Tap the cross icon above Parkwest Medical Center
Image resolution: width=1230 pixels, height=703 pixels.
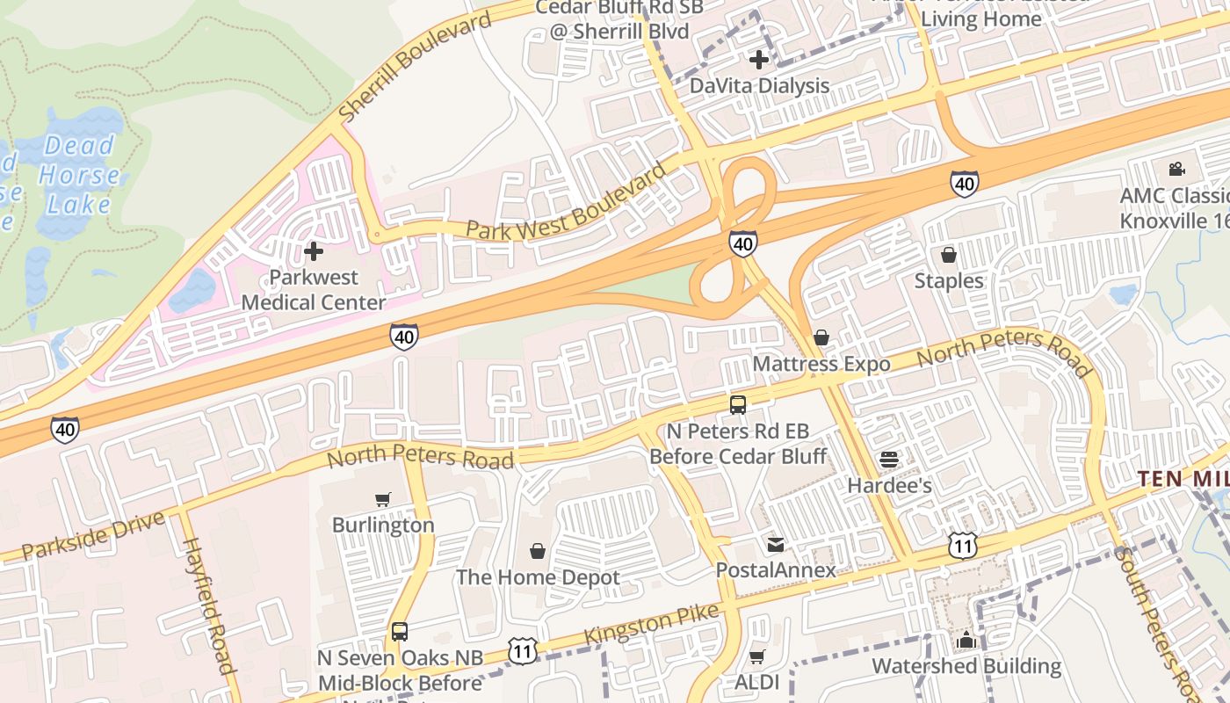[x=313, y=252]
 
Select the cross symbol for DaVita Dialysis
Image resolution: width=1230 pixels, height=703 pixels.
[x=759, y=60]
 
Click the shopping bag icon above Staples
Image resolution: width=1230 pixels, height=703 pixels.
[x=949, y=255]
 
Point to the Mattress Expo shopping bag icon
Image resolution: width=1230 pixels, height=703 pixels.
[x=821, y=337]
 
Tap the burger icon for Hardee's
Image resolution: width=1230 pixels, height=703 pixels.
[x=889, y=460]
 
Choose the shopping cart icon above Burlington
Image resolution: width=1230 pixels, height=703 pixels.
[x=383, y=500]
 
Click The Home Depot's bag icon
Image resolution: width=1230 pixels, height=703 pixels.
[x=538, y=551]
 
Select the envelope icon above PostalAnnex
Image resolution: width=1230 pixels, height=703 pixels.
[x=775, y=545]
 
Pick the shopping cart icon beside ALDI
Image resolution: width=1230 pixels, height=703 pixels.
[x=757, y=656]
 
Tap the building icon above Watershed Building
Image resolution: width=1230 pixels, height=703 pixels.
[x=966, y=640]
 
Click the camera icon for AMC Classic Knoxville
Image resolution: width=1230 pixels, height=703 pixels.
[x=1176, y=170]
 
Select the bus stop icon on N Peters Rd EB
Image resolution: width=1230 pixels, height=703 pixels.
[x=738, y=405]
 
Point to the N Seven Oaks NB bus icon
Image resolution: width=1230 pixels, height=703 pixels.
[x=400, y=632]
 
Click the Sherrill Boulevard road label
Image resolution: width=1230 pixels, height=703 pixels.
[x=414, y=68]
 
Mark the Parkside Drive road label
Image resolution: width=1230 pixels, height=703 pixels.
[x=92, y=535]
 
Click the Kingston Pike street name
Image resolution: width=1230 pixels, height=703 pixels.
[x=651, y=623]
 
